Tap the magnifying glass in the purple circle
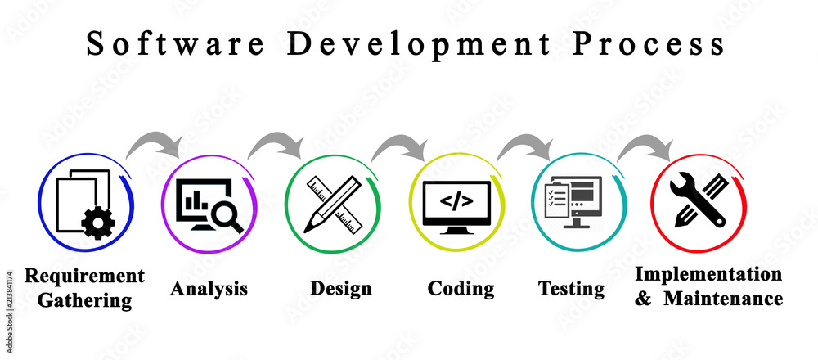click(x=224, y=216)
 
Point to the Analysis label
click(x=209, y=289)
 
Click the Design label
click(x=340, y=288)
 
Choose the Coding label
click(x=461, y=289)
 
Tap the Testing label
click(x=571, y=289)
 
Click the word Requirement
click(x=84, y=276)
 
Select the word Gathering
click(x=84, y=300)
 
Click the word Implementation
click(x=708, y=274)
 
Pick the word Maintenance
click(x=723, y=299)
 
